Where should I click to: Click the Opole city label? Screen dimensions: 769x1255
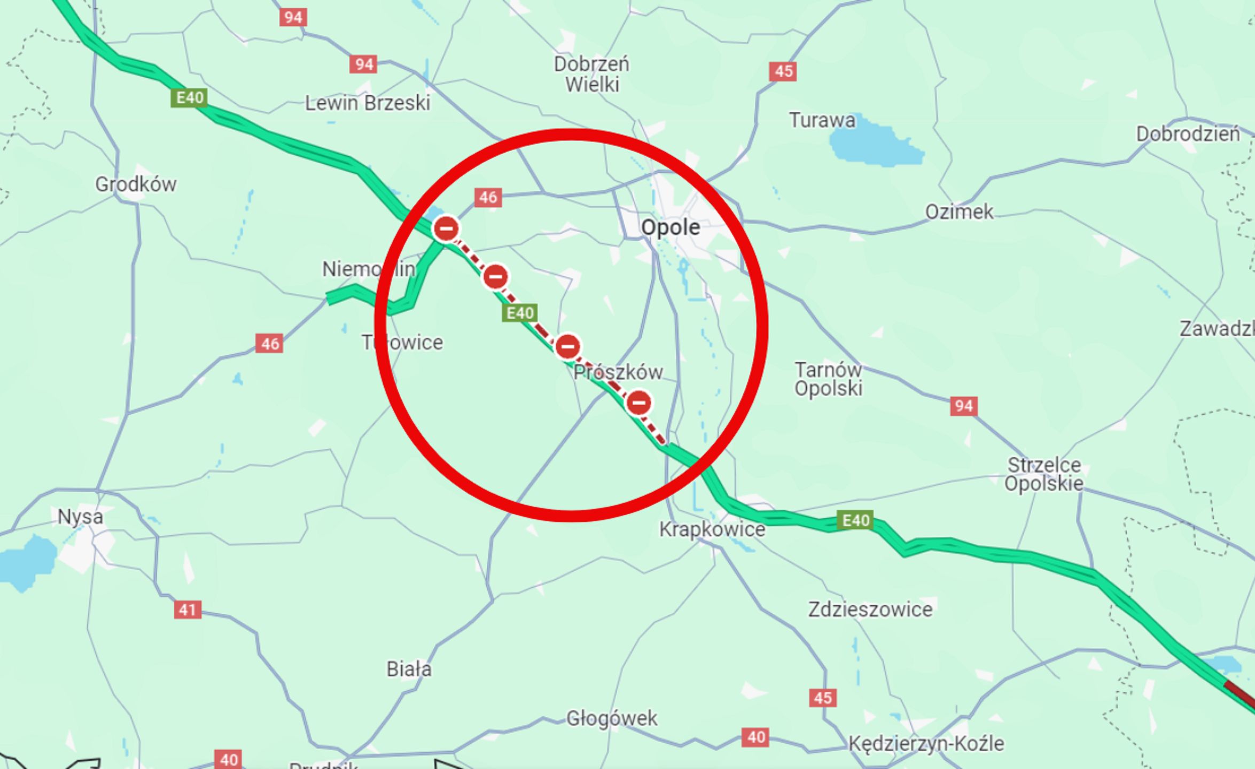[x=670, y=227]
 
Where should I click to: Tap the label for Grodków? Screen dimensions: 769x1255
[x=136, y=184]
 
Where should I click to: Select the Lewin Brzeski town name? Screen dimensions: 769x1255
[x=367, y=103]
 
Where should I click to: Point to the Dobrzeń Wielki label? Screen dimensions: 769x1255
[x=591, y=74]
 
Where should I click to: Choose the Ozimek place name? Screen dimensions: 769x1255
[x=959, y=212]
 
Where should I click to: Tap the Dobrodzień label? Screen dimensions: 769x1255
[x=1188, y=134]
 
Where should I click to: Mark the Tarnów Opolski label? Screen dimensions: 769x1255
[x=828, y=379]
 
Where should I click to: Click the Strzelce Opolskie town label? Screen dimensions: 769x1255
[x=1043, y=474]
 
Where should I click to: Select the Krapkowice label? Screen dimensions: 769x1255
[x=712, y=529]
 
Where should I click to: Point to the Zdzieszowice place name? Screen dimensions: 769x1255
[x=870, y=609]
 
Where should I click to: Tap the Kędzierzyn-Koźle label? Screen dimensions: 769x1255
[x=926, y=743]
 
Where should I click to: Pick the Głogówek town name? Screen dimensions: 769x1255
[x=612, y=718]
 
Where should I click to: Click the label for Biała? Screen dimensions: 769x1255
[x=409, y=669]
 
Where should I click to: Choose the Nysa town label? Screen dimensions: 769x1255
[x=80, y=516]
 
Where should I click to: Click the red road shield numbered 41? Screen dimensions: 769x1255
[x=188, y=609]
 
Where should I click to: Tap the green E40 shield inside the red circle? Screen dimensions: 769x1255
[x=519, y=313]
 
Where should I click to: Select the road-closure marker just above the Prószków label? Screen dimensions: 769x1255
[x=567, y=347]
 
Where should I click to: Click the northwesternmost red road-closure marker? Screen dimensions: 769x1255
[x=446, y=229]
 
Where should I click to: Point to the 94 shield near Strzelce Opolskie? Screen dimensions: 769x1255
[x=964, y=406]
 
